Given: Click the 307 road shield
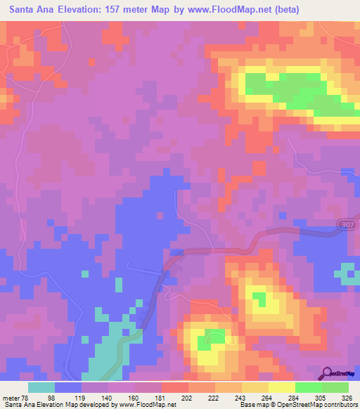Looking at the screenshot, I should (x=351, y=224).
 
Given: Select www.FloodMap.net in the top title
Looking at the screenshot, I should (x=224, y=10).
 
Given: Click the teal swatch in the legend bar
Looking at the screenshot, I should (x=41, y=388).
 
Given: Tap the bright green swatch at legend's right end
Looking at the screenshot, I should (x=335, y=388).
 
